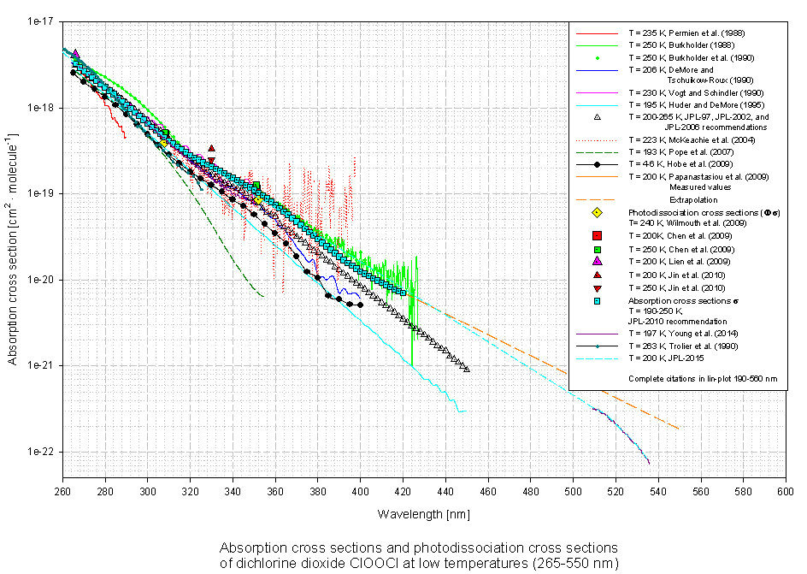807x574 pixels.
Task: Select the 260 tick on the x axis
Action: click(62, 492)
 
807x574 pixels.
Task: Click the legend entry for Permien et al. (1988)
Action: click(679, 33)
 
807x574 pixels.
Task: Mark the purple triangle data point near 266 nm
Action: click(75, 54)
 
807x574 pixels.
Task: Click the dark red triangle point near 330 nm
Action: click(211, 149)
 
